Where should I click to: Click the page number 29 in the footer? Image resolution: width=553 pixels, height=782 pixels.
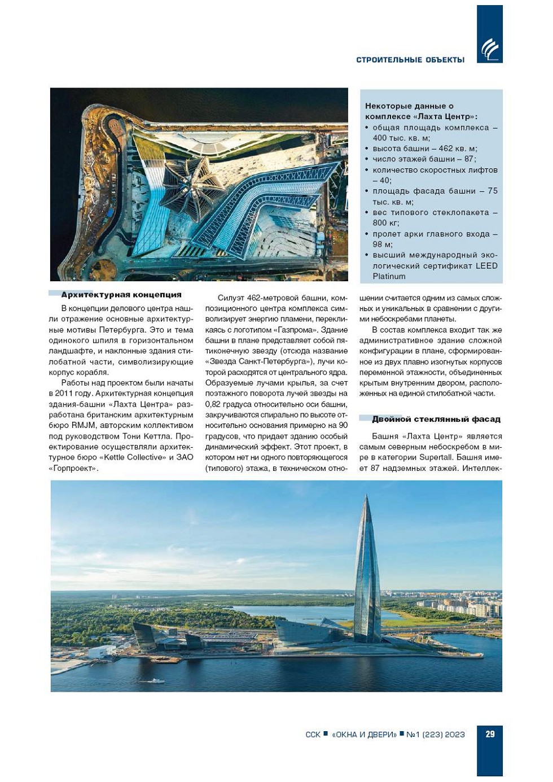tap(490, 733)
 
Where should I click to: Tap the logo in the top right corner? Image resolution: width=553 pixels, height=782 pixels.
tap(490, 49)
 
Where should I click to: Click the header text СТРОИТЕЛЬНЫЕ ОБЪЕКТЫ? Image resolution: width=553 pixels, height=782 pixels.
tap(410, 60)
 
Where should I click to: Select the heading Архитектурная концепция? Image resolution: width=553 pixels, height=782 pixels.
tap(121, 295)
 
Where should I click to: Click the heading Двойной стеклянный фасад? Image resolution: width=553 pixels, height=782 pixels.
tap(436, 419)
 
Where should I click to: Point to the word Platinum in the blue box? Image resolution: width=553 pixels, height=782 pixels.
tap(389, 276)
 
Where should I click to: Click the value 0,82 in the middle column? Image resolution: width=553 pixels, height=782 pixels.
tap(213, 404)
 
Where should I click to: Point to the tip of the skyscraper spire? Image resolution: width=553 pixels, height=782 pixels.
tap(366, 496)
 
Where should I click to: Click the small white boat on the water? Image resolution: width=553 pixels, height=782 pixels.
tap(154, 681)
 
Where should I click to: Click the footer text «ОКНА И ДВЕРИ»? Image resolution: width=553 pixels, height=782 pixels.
tap(364, 734)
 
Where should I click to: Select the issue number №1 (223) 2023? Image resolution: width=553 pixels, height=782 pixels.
tap(436, 734)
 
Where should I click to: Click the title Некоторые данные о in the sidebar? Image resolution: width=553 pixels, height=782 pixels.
tap(409, 106)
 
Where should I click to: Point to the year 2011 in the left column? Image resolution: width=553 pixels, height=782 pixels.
tap(64, 394)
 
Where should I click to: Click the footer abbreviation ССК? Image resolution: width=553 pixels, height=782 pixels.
tap(313, 734)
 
